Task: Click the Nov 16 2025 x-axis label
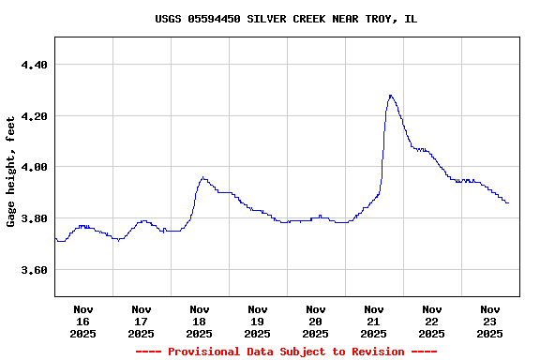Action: point(83,321)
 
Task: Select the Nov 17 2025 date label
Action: point(142,321)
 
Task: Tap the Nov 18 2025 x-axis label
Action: point(200,321)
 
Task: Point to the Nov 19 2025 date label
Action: point(258,321)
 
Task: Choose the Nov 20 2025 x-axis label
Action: point(316,321)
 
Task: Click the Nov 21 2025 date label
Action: point(374,321)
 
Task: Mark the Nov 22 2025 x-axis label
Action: point(432,321)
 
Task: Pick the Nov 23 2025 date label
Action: point(490,321)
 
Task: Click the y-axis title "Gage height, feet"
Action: point(11,171)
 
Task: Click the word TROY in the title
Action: point(380,19)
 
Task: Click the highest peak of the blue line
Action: point(390,95)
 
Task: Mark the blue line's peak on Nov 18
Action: point(202,177)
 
